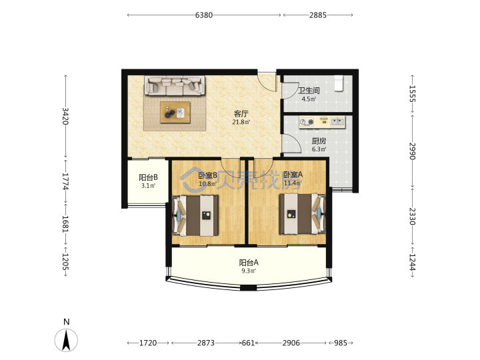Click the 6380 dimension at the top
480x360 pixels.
click(204, 15)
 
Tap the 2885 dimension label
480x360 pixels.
click(318, 15)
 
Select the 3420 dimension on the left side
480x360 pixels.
click(65, 116)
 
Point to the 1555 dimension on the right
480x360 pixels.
click(413, 94)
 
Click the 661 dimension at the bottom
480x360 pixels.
click(248, 343)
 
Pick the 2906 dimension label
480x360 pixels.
click(291, 343)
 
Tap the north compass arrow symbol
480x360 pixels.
click(66, 340)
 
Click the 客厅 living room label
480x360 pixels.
click(241, 114)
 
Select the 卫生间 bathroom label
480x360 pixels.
click(309, 91)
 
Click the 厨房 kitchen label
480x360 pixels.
click(319, 141)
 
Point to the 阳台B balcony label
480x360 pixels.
click(148, 177)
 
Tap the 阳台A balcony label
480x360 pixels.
click(249, 263)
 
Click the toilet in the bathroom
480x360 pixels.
click(338, 83)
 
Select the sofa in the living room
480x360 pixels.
click(175, 85)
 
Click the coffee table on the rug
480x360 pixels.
click(175, 113)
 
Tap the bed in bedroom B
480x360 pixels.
click(195, 216)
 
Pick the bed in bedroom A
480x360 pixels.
click(302, 214)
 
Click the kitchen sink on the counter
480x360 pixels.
click(337, 122)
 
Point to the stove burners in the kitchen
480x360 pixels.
click(307, 122)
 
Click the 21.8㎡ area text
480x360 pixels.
click(241, 122)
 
